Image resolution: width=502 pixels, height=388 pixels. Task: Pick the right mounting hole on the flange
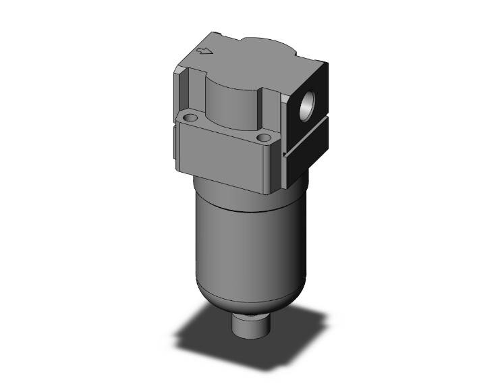[x=264, y=138]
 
